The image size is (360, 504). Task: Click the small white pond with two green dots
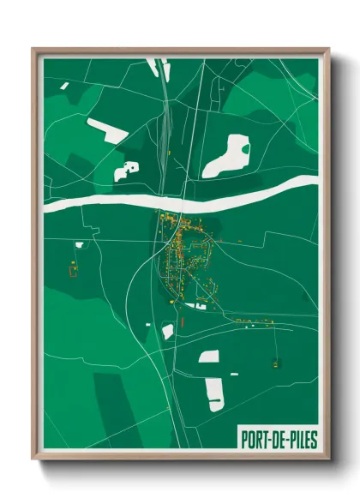127,170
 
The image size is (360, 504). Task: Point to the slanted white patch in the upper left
107,130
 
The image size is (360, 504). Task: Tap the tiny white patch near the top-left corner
63,85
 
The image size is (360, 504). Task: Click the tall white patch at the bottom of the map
213,393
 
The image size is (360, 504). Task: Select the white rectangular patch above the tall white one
208,356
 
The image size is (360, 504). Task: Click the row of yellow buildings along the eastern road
253,323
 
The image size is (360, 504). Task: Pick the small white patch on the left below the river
79,244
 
